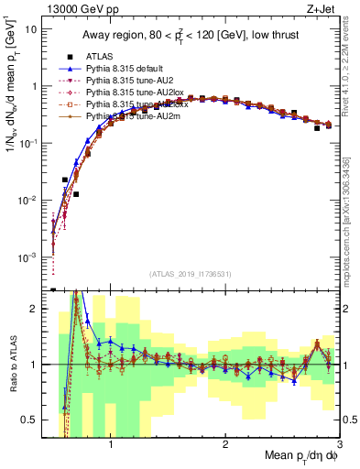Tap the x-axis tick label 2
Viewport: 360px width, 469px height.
click(x=225, y=446)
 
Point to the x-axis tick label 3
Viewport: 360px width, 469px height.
click(x=338, y=446)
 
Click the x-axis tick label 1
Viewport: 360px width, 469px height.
click(x=112, y=446)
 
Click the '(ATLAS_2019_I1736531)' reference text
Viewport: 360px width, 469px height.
click(x=194, y=274)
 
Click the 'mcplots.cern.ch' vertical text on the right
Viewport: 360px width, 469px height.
click(x=352, y=234)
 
